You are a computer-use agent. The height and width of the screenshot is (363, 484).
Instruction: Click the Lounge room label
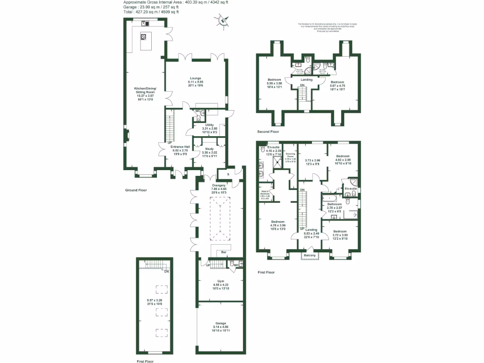pos(196,78)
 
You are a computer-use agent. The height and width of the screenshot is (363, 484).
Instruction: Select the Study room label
pos(209,149)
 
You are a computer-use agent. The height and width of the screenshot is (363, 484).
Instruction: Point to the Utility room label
pos(209,125)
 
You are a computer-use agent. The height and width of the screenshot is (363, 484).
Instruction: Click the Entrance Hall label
pos(180,147)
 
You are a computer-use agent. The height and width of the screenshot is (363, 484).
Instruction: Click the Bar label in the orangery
pos(224,253)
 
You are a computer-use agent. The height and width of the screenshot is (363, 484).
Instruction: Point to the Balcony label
pos(310,256)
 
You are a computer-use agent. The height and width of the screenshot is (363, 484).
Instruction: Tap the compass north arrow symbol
pos(223,20)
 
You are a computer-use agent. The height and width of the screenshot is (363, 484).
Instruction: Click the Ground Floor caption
pos(136,190)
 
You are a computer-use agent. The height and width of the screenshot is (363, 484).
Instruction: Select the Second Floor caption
pos(268,131)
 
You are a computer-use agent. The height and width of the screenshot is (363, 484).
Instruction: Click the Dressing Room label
pos(290,155)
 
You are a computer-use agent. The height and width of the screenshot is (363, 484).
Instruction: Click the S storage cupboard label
pos(228,174)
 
